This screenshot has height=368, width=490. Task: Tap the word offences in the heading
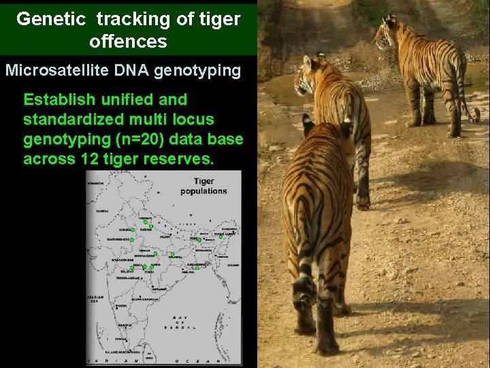pos(128,42)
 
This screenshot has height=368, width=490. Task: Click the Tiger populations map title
pos(203,186)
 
